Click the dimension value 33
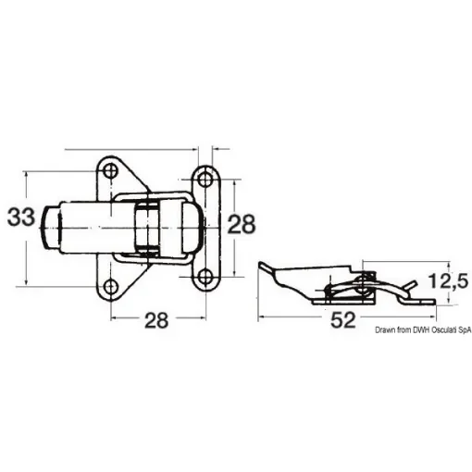tap(22, 218)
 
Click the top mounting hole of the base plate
tap(111, 171)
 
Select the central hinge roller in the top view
tap(143, 228)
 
